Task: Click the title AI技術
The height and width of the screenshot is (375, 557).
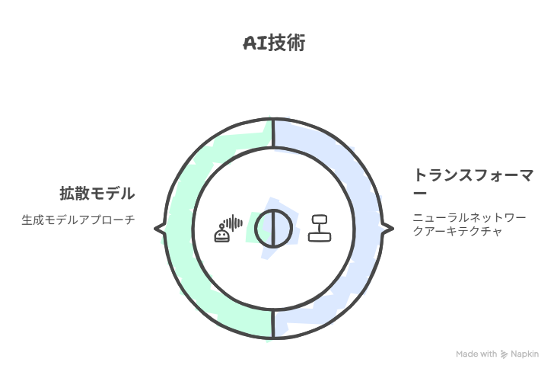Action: click(274, 43)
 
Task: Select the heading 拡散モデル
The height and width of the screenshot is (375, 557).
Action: click(97, 194)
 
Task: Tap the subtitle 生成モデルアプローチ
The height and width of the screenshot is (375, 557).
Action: click(78, 220)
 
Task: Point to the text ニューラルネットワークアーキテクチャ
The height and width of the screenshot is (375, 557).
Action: click(469, 224)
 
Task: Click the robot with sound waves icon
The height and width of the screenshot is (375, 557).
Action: click(228, 228)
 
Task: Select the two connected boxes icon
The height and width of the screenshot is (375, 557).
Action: click(320, 228)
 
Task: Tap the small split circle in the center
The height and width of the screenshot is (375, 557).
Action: click(273, 228)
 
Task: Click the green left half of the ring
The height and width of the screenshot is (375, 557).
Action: click(180, 228)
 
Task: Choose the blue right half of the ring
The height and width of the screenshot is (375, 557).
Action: click(368, 228)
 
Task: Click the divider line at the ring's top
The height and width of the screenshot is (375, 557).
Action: click(273, 133)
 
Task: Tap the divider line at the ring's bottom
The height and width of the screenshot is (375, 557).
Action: click(273, 323)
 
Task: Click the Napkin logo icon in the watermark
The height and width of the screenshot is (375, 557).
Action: click(504, 354)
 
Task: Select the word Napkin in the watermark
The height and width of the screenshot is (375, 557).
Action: click(525, 354)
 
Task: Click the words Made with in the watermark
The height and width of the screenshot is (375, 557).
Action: click(476, 354)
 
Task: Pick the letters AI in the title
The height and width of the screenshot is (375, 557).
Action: click(255, 43)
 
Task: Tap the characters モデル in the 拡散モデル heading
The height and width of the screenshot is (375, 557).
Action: click(113, 194)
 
